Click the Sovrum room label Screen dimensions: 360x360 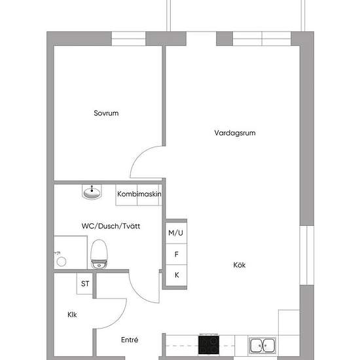(106, 113)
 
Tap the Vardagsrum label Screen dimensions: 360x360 (235, 133)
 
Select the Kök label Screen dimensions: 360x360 (240, 265)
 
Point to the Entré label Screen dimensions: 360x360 (130, 340)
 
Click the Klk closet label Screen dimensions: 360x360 (72, 315)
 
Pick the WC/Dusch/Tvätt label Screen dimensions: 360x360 (111, 226)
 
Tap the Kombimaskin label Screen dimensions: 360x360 (139, 194)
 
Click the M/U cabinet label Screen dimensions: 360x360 (175, 233)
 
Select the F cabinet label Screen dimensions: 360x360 (176, 254)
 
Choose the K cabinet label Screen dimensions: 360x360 (177, 275)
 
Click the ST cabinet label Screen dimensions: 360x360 (85, 284)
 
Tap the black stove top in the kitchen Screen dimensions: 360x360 (208, 345)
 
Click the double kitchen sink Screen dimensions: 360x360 (262, 346)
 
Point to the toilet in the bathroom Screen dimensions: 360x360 (99, 254)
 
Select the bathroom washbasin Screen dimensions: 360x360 (92, 192)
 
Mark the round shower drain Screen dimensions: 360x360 (62, 262)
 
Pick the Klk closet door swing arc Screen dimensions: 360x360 (118, 320)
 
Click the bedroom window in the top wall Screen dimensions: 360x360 (128, 39)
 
